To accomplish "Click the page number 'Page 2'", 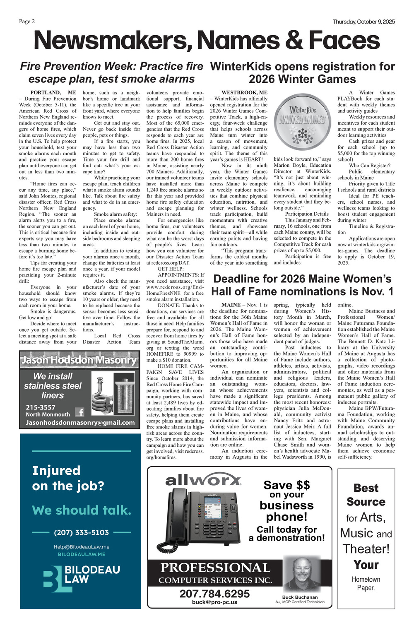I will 27,22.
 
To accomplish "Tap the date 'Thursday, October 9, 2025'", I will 364,22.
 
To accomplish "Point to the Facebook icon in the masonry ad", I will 79,412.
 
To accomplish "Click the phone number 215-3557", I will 41,407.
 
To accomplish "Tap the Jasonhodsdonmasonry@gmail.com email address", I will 80,423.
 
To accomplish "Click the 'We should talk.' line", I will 82,510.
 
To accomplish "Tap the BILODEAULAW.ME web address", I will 81,554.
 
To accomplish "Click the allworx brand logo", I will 203,480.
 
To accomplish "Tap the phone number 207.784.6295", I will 214,594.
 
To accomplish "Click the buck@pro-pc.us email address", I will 214,602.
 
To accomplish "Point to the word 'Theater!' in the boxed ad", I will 366,549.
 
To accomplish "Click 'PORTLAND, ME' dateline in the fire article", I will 53,93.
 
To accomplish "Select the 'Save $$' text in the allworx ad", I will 286,485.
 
